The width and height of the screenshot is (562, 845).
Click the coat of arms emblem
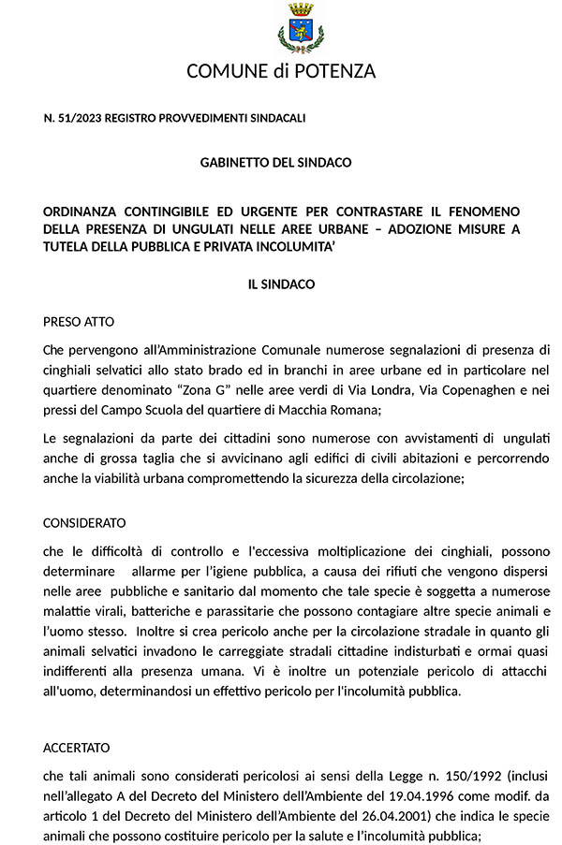click(301, 28)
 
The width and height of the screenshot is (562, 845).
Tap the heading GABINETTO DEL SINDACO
click(275, 163)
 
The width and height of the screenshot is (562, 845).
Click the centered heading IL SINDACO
click(281, 284)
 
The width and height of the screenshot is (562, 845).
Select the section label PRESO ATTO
click(79, 322)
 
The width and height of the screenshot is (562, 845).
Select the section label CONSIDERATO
click(84, 523)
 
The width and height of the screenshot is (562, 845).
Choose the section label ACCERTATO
click(77, 748)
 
